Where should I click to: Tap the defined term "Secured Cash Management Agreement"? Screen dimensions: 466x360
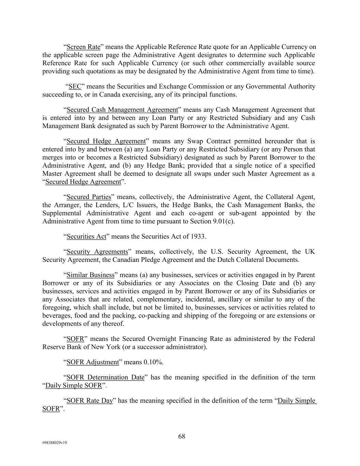(x=122, y=110)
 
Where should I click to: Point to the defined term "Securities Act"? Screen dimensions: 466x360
(x=86, y=237)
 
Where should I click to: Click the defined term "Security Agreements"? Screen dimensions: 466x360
(x=97, y=252)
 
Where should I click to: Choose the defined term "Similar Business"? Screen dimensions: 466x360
(x=90, y=275)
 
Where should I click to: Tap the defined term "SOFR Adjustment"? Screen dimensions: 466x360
(x=92, y=362)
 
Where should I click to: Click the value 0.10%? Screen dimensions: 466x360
(x=153, y=362)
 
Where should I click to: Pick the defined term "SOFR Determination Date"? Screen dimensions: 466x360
(x=105, y=377)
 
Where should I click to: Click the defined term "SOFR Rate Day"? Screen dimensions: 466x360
(x=89, y=400)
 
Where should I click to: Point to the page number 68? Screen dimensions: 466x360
(x=182, y=436)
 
